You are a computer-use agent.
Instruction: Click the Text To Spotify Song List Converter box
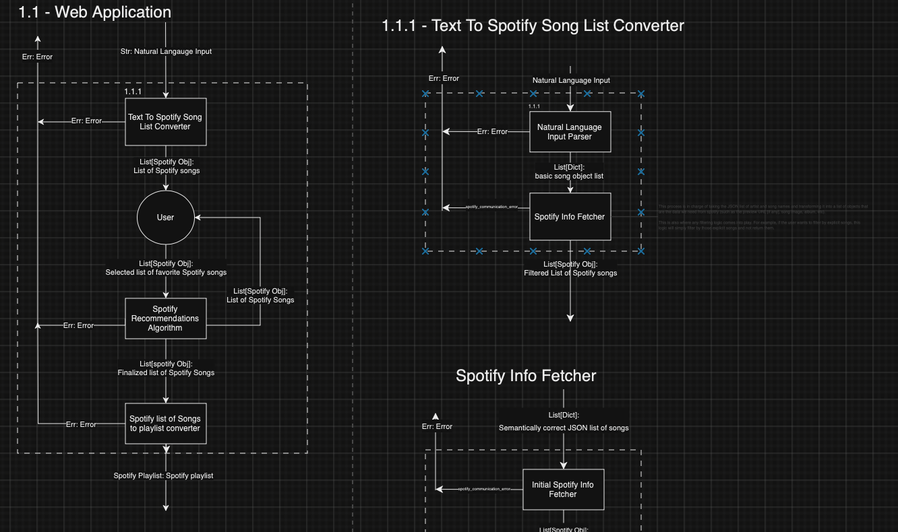(165, 122)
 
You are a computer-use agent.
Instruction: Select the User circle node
(165, 218)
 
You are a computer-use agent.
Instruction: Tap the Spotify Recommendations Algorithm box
(165, 319)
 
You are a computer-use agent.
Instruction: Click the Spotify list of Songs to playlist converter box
(165, 424)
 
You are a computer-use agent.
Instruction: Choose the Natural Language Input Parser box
(570, 132)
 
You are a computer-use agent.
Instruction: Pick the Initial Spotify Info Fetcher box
(563, 490)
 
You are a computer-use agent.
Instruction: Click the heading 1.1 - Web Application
(94, 12)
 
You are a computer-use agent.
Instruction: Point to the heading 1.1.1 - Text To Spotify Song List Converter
(533, 26)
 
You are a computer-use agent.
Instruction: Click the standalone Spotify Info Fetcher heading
(526, 376)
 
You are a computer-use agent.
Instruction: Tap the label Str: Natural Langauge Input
(166, 51)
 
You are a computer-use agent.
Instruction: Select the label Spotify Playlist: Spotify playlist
(163, 475)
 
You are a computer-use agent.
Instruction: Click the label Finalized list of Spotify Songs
(166, 372)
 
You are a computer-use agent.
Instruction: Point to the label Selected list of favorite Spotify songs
(166, 272)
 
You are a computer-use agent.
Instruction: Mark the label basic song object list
(569, 176)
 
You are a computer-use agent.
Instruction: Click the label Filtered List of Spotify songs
(570, 273)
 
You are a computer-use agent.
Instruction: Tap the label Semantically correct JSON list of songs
(564, 428)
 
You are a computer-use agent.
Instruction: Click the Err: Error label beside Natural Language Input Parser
(492, 132)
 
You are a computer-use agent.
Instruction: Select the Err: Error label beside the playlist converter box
(81, 424)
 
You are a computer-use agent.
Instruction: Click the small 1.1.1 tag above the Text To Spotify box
(133, 92)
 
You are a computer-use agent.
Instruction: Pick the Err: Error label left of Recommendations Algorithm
(78, 325)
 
